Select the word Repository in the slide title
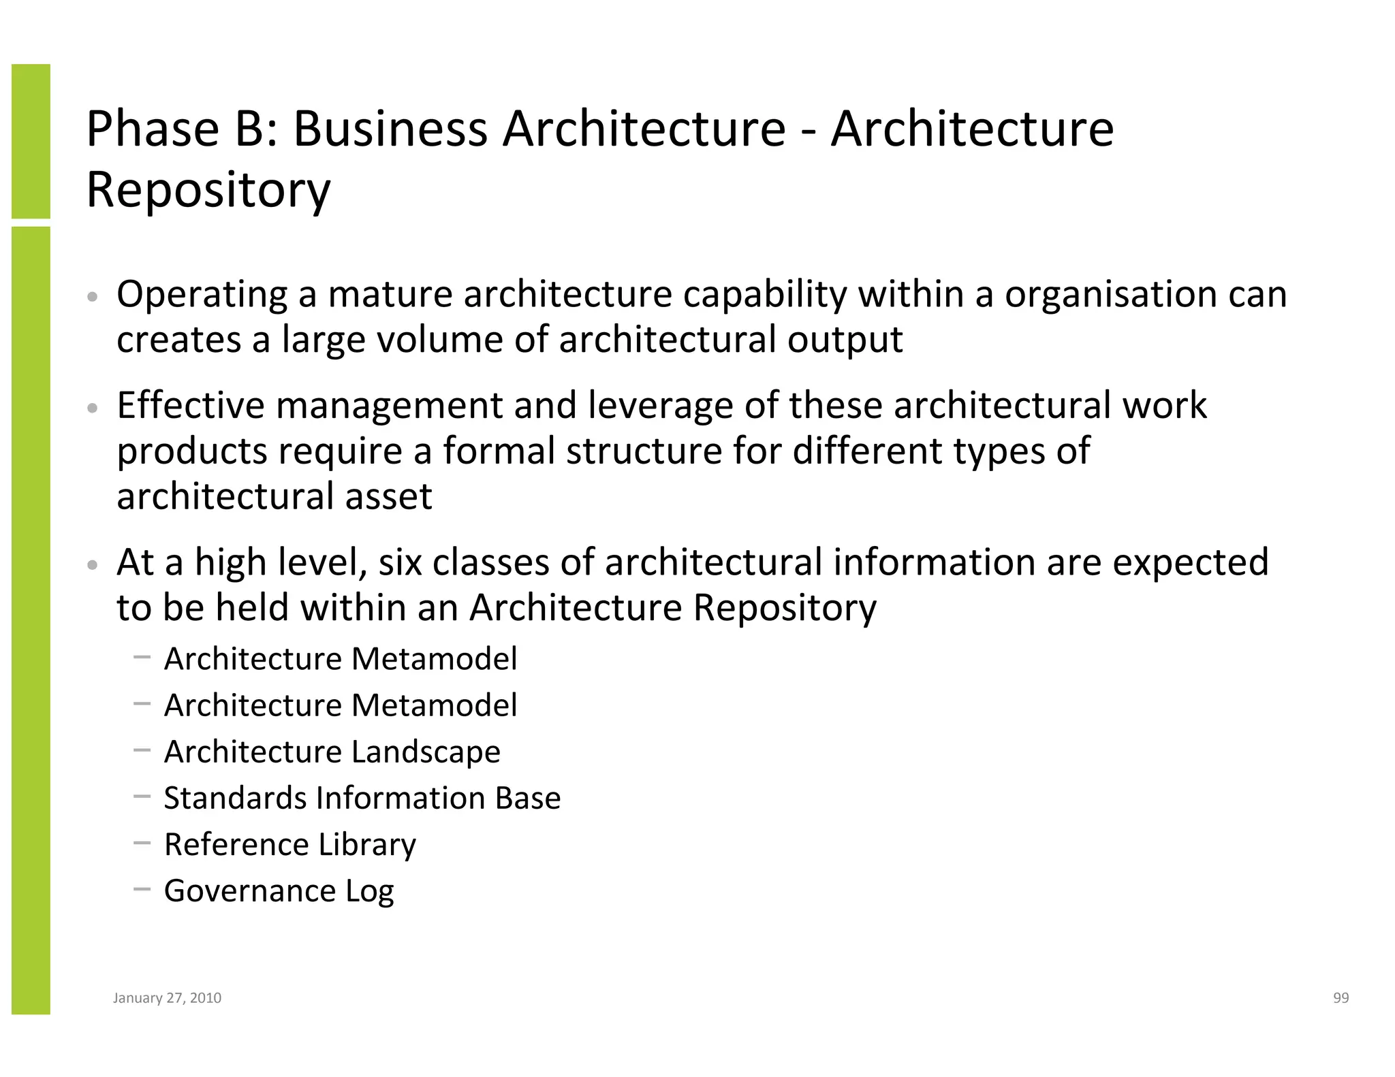208,190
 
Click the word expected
1191,564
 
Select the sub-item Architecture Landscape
332,752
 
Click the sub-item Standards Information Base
362,798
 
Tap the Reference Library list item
289,845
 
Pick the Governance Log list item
279,891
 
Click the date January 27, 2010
167,998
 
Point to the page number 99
1341,998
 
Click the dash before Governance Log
142,888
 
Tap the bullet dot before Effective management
93,408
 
